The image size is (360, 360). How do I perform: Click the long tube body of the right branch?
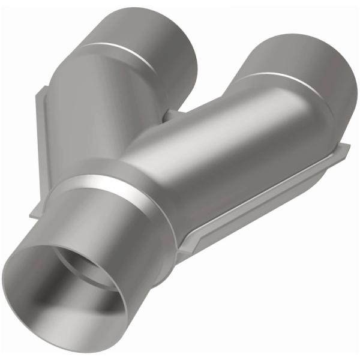coord(228,144)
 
